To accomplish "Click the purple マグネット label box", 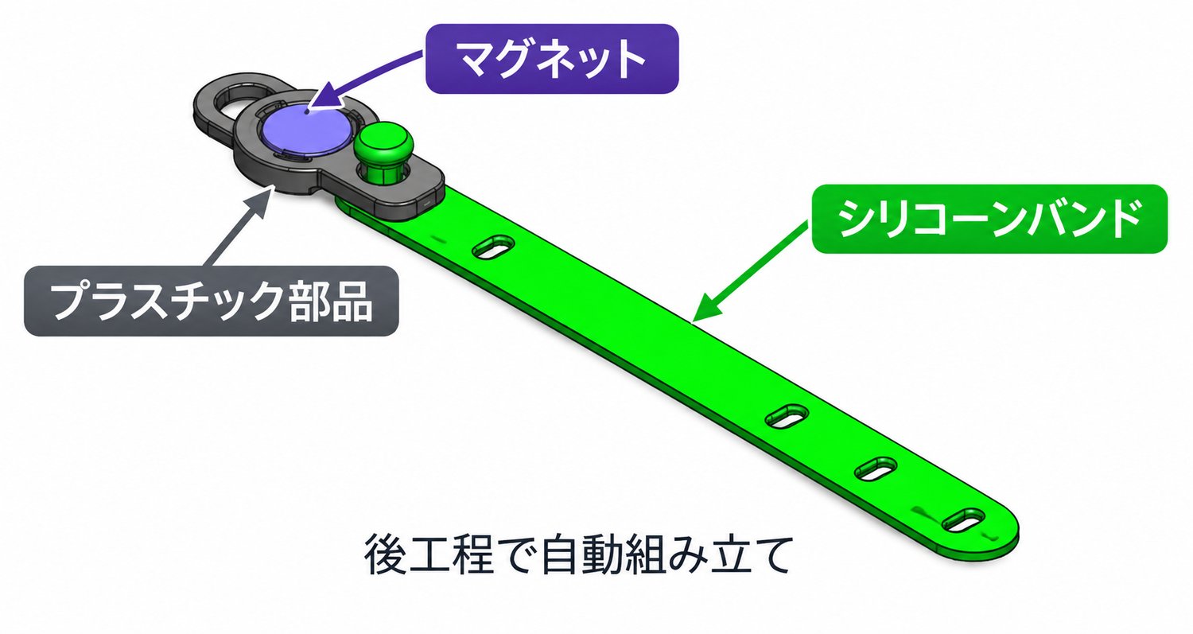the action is coord(552,59).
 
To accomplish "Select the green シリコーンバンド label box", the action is coord(989,219).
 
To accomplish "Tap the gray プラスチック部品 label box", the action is coord(212,301).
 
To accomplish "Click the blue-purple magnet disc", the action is coord(305,130).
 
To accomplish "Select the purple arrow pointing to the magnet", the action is coord(367,77).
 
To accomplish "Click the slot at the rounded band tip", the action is coord(963,520).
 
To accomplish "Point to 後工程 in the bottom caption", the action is coord(429,554).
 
